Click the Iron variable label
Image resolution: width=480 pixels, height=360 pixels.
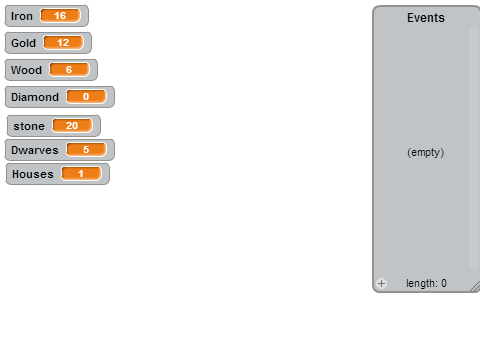point(22,16)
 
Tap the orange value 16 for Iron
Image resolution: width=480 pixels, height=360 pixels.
point(60,15)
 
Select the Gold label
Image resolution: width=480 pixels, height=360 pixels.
point(23,43)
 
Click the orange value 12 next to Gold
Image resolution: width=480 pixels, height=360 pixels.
point(63,42)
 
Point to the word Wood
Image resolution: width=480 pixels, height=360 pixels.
point(26,70)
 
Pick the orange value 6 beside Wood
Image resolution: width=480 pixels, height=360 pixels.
point(69,69)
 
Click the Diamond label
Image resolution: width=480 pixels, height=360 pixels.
point(35,97)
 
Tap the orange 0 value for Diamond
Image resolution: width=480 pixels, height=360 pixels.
point(86,96)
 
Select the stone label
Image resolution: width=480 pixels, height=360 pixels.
point(29,126)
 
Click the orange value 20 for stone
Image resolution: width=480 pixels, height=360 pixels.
point(72,125)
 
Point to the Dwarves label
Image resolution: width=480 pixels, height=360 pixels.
point(35,150)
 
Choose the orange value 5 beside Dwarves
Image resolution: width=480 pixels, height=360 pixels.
point(86,149)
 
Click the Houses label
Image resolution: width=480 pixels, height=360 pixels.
point(33,174)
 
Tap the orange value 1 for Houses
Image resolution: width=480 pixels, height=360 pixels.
point(81,173)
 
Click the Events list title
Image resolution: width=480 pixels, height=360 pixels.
point(426,18)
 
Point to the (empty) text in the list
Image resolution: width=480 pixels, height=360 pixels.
point(426,152)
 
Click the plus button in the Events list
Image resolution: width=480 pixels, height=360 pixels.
point(382,283)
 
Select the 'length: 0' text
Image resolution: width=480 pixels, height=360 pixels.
point(426,283)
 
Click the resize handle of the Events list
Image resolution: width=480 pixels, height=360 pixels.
point(475,287)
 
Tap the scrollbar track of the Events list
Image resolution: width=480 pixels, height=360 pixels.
point(474,148)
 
